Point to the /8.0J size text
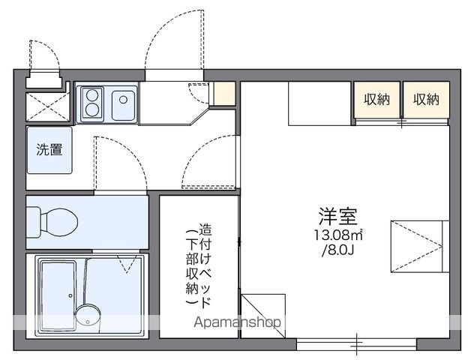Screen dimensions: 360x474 tap(339, 250)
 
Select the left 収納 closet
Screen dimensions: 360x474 tap(377, 99)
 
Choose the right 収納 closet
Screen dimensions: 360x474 tap(425, 99)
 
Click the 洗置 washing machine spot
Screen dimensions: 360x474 tap(50, 149)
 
